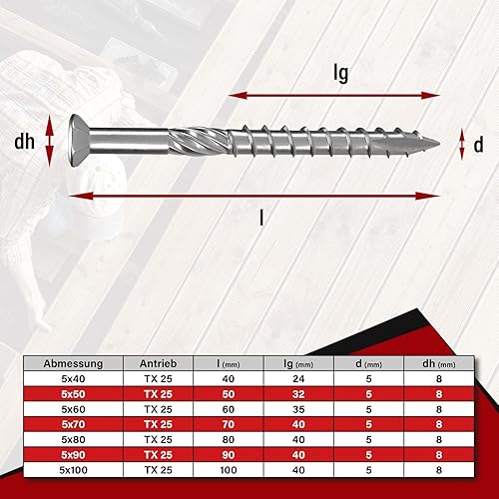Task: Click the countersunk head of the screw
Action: tap(79, 141)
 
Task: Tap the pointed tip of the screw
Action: tap(440, 144)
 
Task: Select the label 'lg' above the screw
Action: tap(341, 73)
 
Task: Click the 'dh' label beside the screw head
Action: tap(24, 142)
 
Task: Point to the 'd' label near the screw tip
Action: tap(478, 145)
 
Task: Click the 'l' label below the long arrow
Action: tap(261, 218)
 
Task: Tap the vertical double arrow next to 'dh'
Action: tap(49, 141)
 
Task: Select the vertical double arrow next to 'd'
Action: tap(462, 145)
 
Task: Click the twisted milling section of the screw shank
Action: tap(199, 142)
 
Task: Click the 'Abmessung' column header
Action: tap(73, 363)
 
